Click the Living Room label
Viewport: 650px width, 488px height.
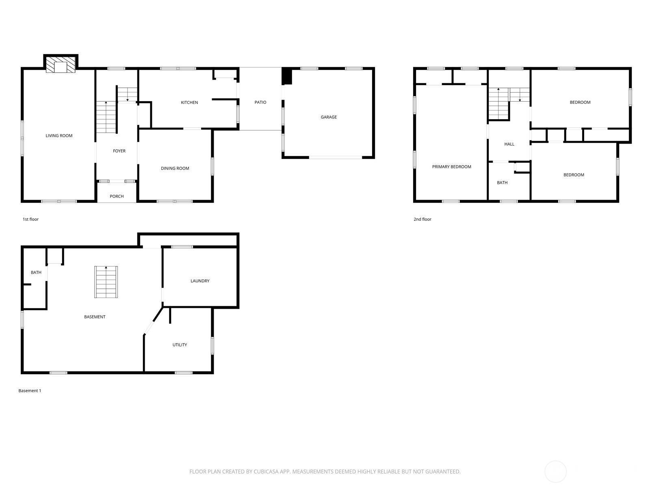[59, 136]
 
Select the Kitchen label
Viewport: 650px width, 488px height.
[189, 102]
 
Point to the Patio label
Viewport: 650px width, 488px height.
[260, 102]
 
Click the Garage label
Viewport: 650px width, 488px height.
[329, 117]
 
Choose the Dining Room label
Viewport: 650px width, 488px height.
[175, 168]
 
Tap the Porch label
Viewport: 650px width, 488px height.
[117, 196]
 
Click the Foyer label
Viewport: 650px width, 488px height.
[119, 151]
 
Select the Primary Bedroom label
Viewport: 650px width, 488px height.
[451, 167]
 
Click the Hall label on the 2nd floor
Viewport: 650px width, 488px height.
[509, 144]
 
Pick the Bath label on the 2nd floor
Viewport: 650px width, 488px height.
[502, 183]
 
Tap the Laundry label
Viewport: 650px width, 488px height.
[200, 281]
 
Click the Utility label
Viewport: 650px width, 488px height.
[180, 345]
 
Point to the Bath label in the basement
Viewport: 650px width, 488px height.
[36, 272]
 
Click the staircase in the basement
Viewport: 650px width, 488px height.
[106, 282]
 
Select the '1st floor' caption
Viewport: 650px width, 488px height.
[30, 219]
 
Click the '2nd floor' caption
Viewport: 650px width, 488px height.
[422, 219]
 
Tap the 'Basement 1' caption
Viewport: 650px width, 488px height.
[30, 391]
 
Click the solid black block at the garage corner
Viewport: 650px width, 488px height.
[287, 76]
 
